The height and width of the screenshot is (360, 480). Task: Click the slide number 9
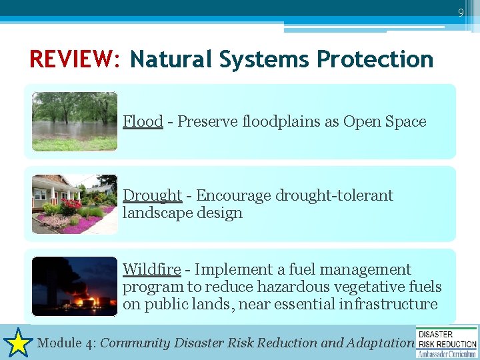coord(461,12)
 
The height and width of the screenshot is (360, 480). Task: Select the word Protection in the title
coord(375,59)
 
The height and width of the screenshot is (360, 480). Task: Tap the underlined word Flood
coord(143,121)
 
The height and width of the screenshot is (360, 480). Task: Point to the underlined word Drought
coord(152,195)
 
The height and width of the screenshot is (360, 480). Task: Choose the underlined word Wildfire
coord(151,269)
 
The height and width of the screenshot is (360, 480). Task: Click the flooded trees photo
coord(75,121)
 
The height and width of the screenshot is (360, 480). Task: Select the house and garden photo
coord(75,204)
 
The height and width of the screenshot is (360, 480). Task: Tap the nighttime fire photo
coord(75,286)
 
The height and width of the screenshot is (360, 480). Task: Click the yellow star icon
coord(18,343)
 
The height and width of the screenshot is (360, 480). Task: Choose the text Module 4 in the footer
coord(65,343)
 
